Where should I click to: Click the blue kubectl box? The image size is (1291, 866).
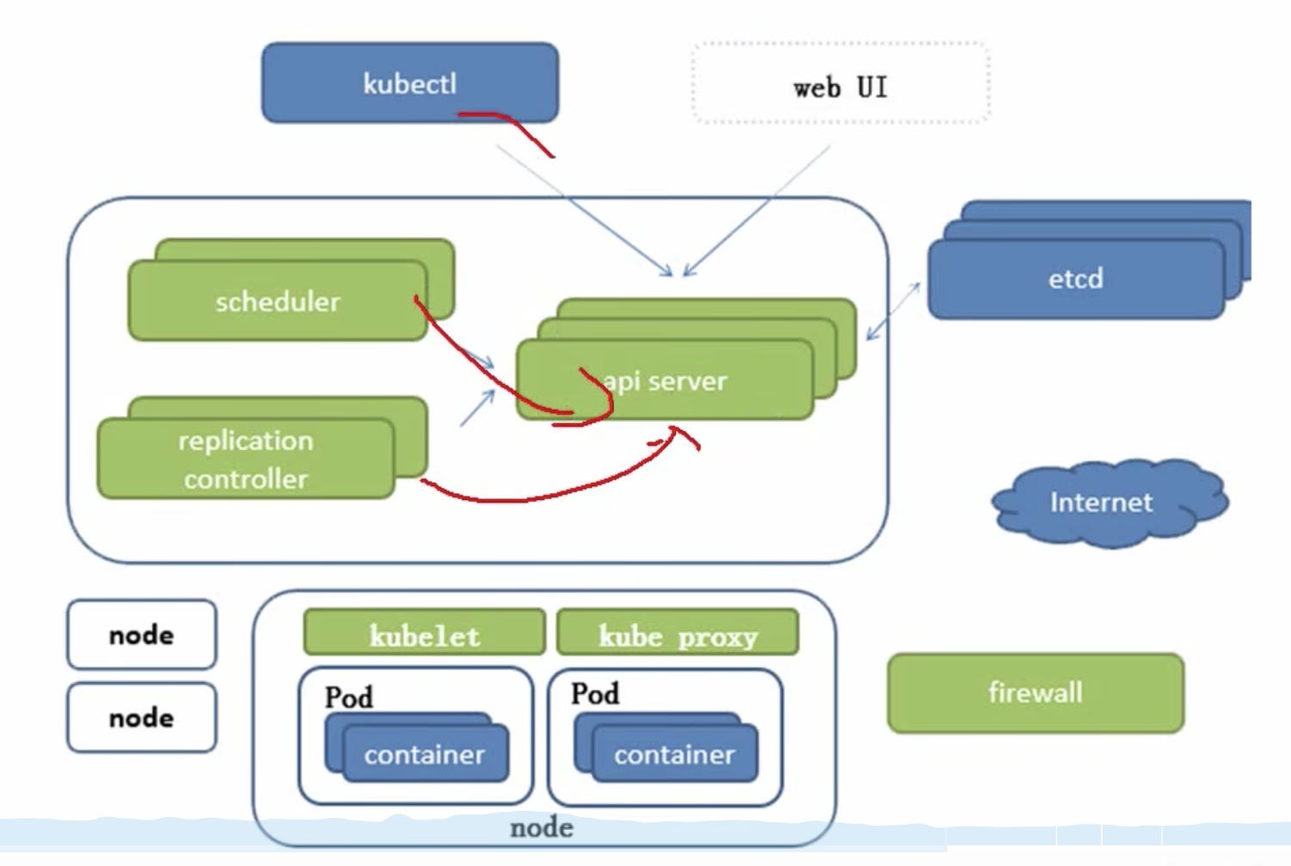pyautogui.click(x=410, y=82)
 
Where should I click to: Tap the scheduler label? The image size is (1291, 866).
pyautogui.click(x=278, y=302)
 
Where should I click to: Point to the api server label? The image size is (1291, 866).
pyautogui.click(x=665, y=381)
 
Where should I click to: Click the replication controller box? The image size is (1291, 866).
pyautogui.click(x=246, y=459)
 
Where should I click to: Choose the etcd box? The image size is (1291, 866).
pyautogui.click(x=1075, y=278)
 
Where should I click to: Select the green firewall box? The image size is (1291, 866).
pyautogui.click(x=1035, y=692)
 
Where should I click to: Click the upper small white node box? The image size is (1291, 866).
pyautogui.click(x=141, y=634)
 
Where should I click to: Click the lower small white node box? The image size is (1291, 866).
pyautogui.click(x=141, y=717)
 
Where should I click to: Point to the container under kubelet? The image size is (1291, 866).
pyautogui.click(x=425, y=754)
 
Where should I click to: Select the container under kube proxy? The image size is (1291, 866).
pyautogui.click(x=674, y=754)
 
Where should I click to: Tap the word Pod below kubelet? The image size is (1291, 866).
pyautogui.click(x=349, y=697)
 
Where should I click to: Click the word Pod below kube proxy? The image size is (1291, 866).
pyautogui.click(x=595, y=693)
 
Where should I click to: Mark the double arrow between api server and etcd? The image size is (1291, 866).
pyautogui.click(x=893, y=311)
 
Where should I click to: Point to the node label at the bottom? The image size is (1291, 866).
pyautogui.click(x=541, y=827)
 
